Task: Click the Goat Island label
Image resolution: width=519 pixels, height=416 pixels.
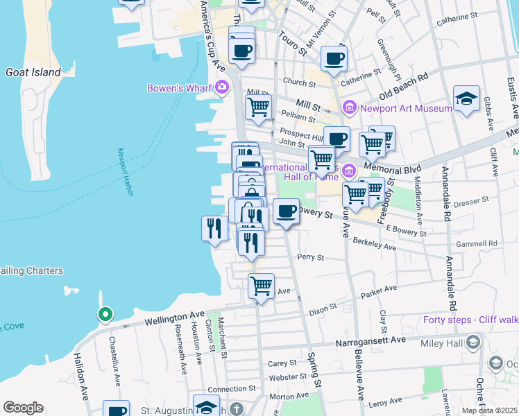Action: [x=33, y=71]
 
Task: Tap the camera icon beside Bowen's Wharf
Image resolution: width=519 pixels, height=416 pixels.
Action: [x=222, y=87]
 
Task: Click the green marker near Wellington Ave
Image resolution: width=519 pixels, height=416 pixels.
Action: [x=105, y=315]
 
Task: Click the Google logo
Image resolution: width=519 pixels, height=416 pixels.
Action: [x=23, y=408]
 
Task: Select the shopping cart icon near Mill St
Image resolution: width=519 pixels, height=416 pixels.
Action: [x=258, y=107]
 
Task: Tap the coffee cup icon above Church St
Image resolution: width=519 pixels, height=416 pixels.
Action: [x=334, y=58]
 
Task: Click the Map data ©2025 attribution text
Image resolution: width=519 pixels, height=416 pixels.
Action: [x=489, y=410]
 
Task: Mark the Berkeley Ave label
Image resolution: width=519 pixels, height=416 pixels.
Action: [x=374, y=245]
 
